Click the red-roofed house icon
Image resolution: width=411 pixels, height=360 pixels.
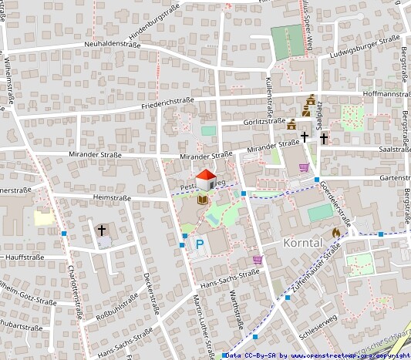[205, 180]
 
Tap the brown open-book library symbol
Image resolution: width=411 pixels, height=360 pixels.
[202, 200]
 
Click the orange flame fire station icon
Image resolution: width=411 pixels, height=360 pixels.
[336, 232]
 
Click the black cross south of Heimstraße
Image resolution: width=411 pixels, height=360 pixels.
[102, 230]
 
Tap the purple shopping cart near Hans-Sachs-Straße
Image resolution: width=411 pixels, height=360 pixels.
[257, 260]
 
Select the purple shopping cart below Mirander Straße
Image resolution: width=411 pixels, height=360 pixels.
[304, 168]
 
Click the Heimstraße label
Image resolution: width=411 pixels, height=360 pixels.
[109, 197]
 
